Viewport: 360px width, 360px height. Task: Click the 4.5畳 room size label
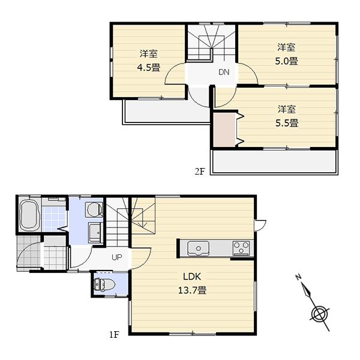point(148,68)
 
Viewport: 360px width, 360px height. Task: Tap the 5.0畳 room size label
point(286,61)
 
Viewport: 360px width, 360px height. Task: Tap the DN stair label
point(224,73)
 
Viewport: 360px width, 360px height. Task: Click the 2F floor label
point(200,171)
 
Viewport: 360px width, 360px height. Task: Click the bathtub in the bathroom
point(29,217)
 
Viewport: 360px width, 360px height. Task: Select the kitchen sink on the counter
point(198,247)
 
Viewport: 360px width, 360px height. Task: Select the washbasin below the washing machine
point(94,232)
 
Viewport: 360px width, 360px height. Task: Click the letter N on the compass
point(298,278)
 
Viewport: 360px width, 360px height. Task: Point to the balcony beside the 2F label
point(273,161)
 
